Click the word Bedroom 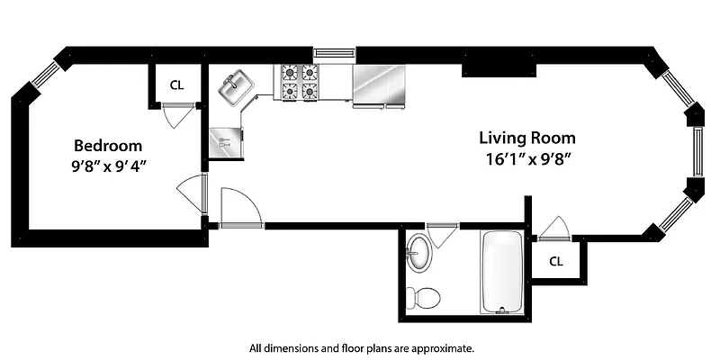coord(107,145)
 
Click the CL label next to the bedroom coord(177,85)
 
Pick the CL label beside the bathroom coord(556,261)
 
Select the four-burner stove coord(300,82)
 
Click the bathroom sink coord(418,251)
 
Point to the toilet coord(422,296)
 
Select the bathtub coord(500,271)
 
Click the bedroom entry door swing coord(192,193)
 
